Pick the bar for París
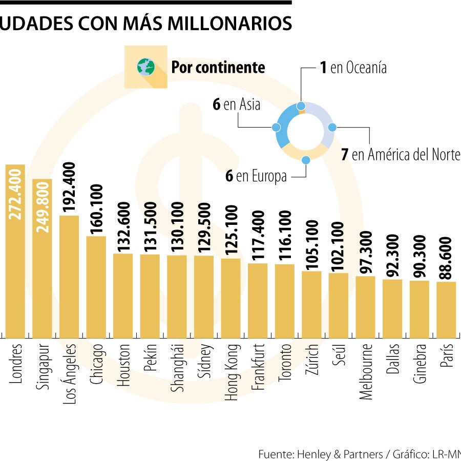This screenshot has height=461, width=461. pyautogui.click(x=446, y=310)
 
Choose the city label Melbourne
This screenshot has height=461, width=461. pyautogui.click(x=366, y=371)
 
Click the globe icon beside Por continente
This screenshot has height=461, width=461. pyautogui.click(x=145, y=67)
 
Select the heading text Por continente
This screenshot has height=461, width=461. pyautogui.click(x=218, y=67)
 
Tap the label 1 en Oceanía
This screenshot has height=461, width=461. pyautogui.click(x=353, y=68)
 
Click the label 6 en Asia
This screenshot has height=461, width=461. pyautogui.click(x=236, y=104)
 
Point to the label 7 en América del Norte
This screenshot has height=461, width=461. pyautogui.click(x=401, y=154)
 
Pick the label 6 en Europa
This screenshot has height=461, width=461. pyautogui.click(x=256, y=176)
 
